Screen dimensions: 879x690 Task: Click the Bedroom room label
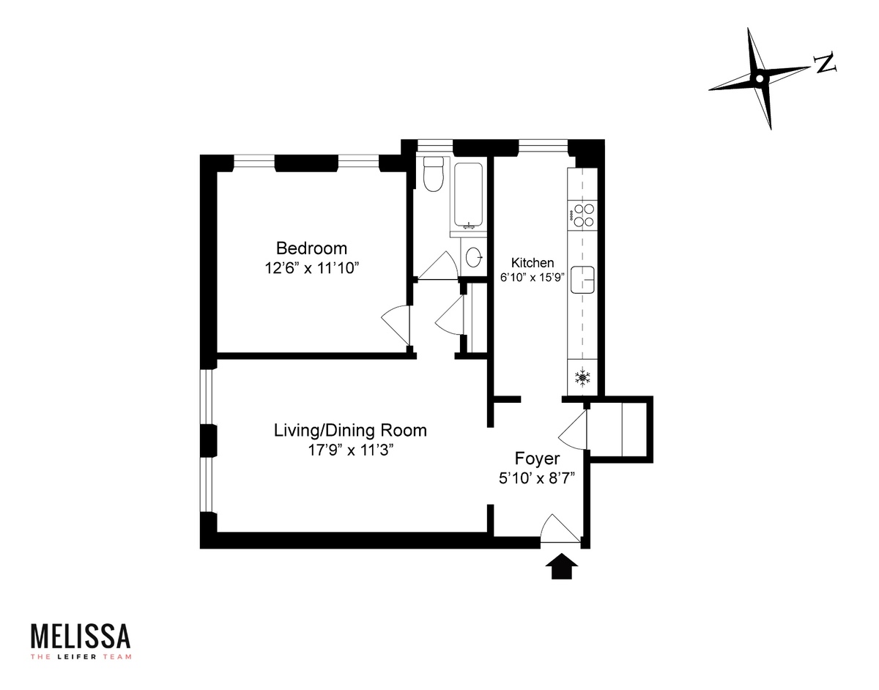pyautogui.click(x=311, y=248)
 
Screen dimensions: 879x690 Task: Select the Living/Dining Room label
pyautogui.click(x=350, y=430)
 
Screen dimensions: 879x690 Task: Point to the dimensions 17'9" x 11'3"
pyautogui.click(x=350, y=450)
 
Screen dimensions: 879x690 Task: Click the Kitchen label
pyautogui.click(x=533, y=263)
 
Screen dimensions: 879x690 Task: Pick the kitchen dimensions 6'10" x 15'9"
pyautogui.click(x=533, y=278)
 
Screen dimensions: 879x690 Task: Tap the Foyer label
pyautogui.click(x=537, y=459)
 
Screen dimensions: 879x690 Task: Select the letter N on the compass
pyautogui.click(x=826, y=64)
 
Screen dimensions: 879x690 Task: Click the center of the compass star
pyautogui.click(x=760, y=78)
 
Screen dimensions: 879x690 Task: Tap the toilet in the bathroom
pyautogui.click(x=433, y=175)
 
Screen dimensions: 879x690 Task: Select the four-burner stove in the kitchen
pyautogui.click(x=583, y=215)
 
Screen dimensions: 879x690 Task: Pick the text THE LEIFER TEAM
pyautogui.click(x=81, y=656)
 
